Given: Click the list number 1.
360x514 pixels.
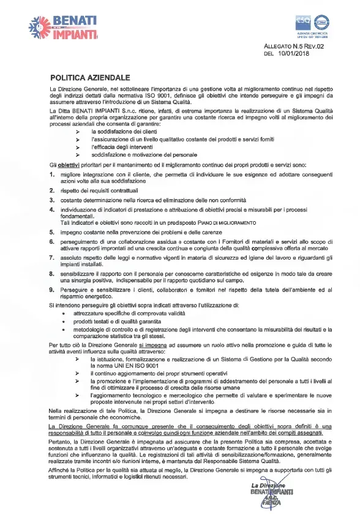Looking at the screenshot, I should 52,175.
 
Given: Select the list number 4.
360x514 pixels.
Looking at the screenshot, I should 52,209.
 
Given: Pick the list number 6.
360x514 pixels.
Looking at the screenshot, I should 52,243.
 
